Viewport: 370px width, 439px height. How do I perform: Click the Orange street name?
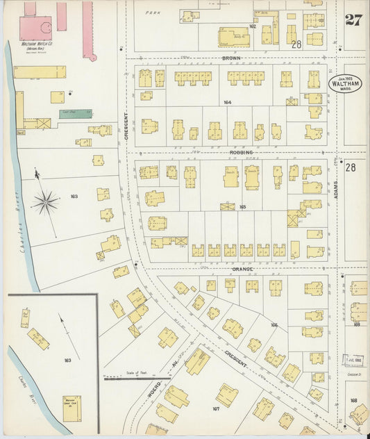(x=243, y=269)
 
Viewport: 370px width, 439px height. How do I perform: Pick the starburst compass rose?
(x=45, y=202)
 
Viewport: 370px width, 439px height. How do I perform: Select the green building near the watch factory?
(x=74, y=113)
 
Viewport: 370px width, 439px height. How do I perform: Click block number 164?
(x=227, y=102)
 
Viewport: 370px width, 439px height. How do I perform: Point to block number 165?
(x=242, y=206)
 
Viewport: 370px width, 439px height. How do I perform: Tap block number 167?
(x=216, y=409)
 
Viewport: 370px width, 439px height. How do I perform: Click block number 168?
(x=353, y=400)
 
